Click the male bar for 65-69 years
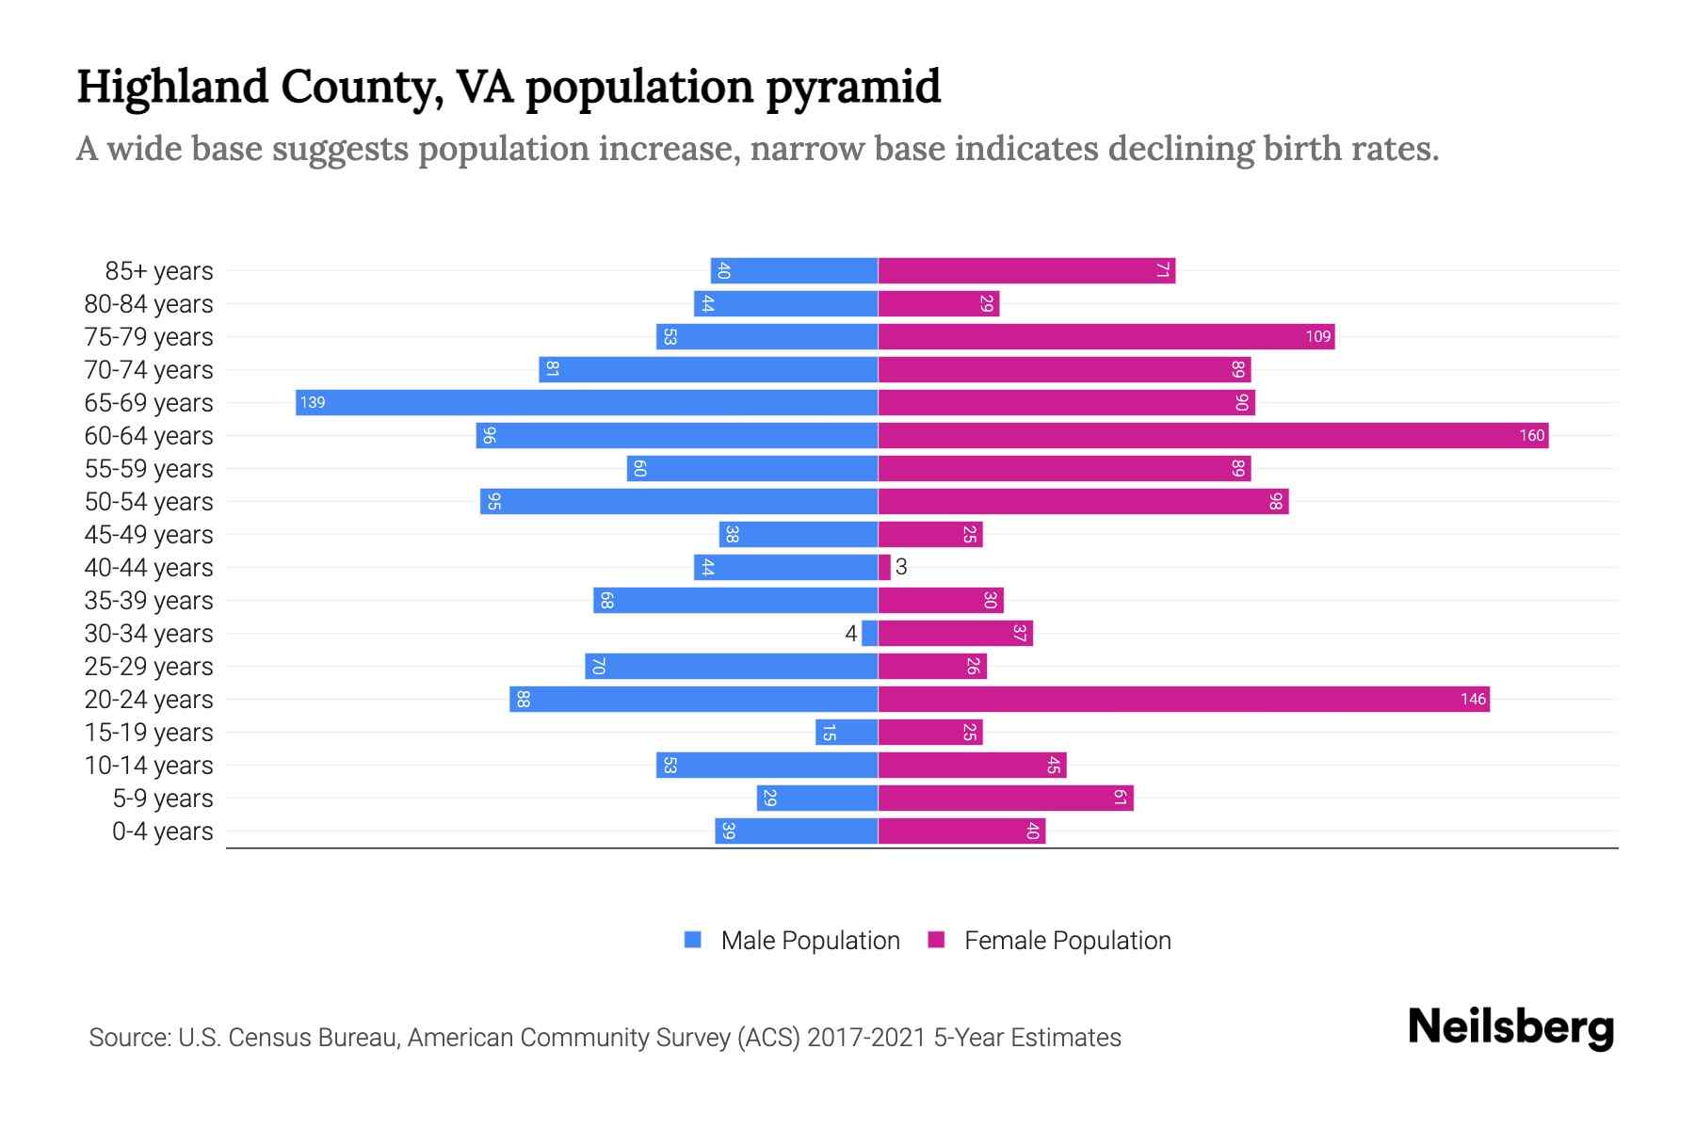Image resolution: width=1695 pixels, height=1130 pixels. pos(586,402)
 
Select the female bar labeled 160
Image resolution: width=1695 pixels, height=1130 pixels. pos(1213,435)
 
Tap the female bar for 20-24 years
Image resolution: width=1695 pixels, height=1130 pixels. pos(1184,699)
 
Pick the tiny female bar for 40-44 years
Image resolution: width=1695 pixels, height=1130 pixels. pos(884,567)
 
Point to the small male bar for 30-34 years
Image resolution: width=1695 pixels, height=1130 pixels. pos(870,633)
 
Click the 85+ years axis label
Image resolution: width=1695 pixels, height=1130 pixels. pos(159,271)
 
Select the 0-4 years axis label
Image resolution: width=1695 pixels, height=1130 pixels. pos(162,831)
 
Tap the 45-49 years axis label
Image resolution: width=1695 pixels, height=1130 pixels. pos(149,535)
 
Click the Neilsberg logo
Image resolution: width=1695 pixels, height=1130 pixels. pos(1510,1027)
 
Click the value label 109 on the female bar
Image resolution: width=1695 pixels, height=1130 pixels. pos(1317,337)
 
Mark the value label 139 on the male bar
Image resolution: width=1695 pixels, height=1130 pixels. pos(313,403)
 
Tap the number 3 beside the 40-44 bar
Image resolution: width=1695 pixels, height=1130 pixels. pos(901,567)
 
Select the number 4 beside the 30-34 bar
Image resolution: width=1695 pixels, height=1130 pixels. pos(851,634)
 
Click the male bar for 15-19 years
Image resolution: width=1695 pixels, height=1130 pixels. pos(847,732)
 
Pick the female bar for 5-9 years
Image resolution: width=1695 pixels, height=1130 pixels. pos(1005,798)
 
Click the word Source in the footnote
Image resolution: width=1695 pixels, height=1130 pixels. pos(128,1038)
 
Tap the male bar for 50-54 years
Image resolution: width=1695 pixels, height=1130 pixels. pos(678,501)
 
